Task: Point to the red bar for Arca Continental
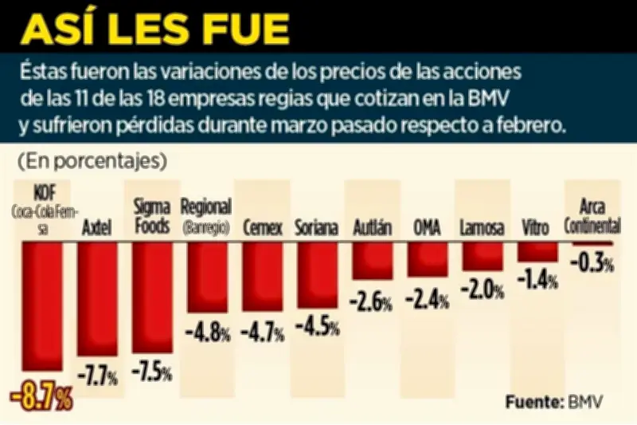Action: tap(590, 242)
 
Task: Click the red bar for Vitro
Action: tap(537, 251)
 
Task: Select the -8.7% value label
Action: tap(41, 397)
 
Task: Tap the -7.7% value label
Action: tap(98, 372)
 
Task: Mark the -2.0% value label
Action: tap(483, 289)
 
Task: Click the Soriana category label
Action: tap(316, 227)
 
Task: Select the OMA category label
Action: tap(427, 227)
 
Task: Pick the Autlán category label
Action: tap(372, 227)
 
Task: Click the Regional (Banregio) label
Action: tap(206, 215)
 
